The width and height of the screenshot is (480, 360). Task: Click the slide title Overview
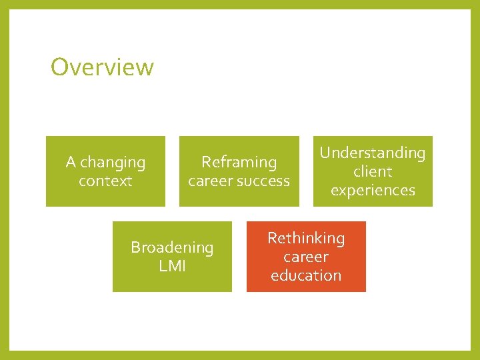tap(102, 67)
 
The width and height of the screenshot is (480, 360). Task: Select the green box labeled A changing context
tap(105, 171)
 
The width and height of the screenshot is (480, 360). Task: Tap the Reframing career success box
tap(239, 171)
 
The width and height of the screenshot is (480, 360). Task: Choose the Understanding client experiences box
tap(373, 171)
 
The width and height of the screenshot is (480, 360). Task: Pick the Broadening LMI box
tap(172, 257)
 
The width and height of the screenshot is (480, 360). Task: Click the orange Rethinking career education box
tap(306, 257)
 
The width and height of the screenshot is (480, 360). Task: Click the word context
tap(105, 181)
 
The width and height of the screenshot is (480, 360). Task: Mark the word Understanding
tap(373, 153)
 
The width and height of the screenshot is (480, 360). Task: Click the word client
tap(373, 171)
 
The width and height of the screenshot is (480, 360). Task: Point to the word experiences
tap(373, 190)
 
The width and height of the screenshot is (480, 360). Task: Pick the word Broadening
tap(172, 247)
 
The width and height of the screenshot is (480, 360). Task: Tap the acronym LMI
tap(172, 266)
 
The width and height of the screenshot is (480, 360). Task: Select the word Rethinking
tap(306, 238)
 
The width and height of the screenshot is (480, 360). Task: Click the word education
tap(306, 275)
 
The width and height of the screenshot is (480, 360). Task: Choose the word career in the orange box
tap(306, 257)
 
